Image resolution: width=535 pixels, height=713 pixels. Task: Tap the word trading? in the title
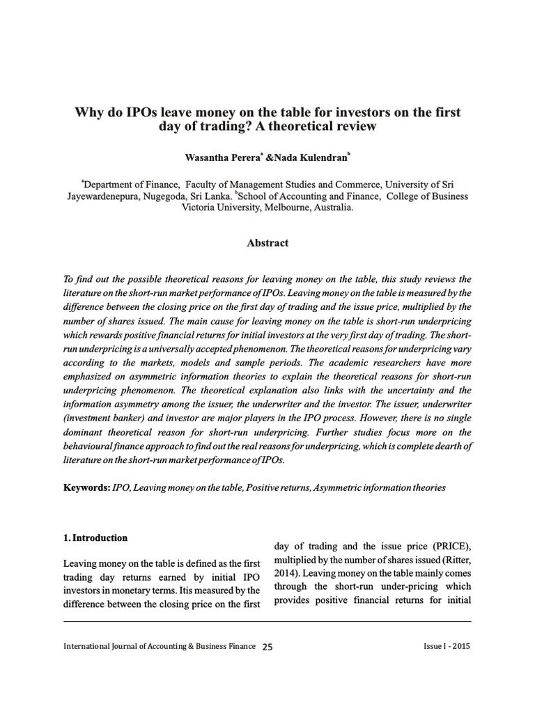pyautogui.click(x=219, y=127)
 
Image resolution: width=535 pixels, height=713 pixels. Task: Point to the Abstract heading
pyautogui.click(x=267, y=243)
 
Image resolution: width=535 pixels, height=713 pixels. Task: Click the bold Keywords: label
pyautogui.click(x=86, y=488)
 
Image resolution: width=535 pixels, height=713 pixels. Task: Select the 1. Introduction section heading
pyautogui.click(x=95, y=538)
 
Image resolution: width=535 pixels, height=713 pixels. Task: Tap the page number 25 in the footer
pyautogui.click(x=267, y=646)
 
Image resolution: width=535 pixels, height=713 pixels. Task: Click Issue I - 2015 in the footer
pyautogui.click(x=447, y=646)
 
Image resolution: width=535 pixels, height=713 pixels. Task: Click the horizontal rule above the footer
pyautogui.click(x=267, y=619)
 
